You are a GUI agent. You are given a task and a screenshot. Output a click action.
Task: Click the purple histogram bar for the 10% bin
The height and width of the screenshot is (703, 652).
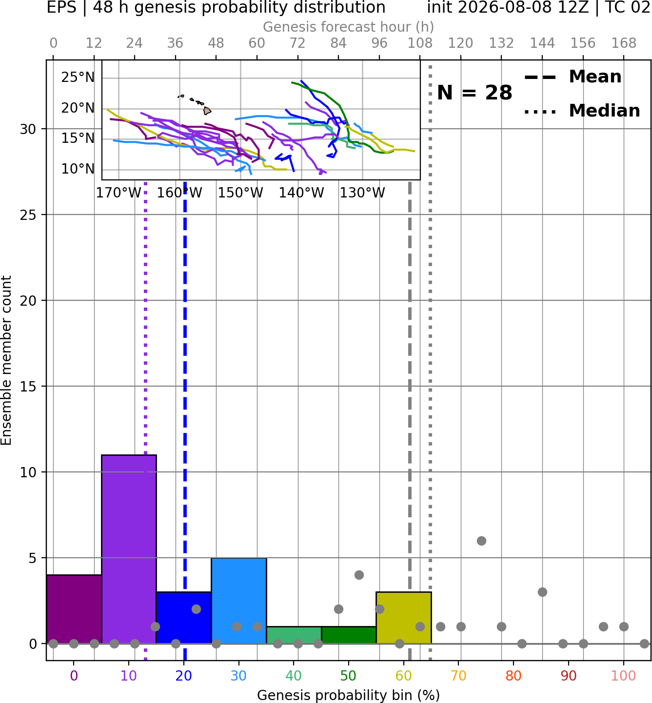pos(129,549)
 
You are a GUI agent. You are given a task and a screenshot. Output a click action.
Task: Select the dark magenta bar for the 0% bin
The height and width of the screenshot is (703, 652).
pos(74,609)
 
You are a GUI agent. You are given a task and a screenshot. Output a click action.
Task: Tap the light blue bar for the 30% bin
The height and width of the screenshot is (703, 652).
pos(238,601)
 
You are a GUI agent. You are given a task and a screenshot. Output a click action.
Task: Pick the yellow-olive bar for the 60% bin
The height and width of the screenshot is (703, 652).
pos(404,618)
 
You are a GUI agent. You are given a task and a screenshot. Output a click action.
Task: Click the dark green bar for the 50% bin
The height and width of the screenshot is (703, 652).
pos(349,635)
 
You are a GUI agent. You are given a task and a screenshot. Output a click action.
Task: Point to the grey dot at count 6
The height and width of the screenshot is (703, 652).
pos(481,541)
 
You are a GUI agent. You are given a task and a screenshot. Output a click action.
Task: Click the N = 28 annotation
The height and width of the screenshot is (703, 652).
pos(474,93)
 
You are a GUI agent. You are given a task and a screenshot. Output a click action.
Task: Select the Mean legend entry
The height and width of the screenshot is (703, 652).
pos(573,77)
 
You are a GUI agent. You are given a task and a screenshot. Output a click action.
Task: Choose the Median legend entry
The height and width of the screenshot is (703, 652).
pos(582,111)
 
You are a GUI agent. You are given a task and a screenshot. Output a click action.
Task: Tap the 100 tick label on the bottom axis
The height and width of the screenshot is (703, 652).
pos(623,676)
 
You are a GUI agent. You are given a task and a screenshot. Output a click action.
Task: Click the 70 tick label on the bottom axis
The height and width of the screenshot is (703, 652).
pos(458,676)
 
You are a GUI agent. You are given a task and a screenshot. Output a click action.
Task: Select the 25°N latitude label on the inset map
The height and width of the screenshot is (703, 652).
pos(78,77)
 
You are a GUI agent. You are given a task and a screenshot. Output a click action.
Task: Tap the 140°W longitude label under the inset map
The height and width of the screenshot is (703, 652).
pos(301,193)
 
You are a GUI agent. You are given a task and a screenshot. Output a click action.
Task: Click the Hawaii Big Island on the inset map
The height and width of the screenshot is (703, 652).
pos(207,111)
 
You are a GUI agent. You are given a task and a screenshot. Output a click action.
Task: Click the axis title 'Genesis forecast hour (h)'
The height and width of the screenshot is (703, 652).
pos(349,27)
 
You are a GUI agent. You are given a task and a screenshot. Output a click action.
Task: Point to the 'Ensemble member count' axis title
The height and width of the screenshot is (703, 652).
pos(6,360)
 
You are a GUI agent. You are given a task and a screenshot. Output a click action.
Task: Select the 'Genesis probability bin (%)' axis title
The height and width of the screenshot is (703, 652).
pos(349,695)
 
